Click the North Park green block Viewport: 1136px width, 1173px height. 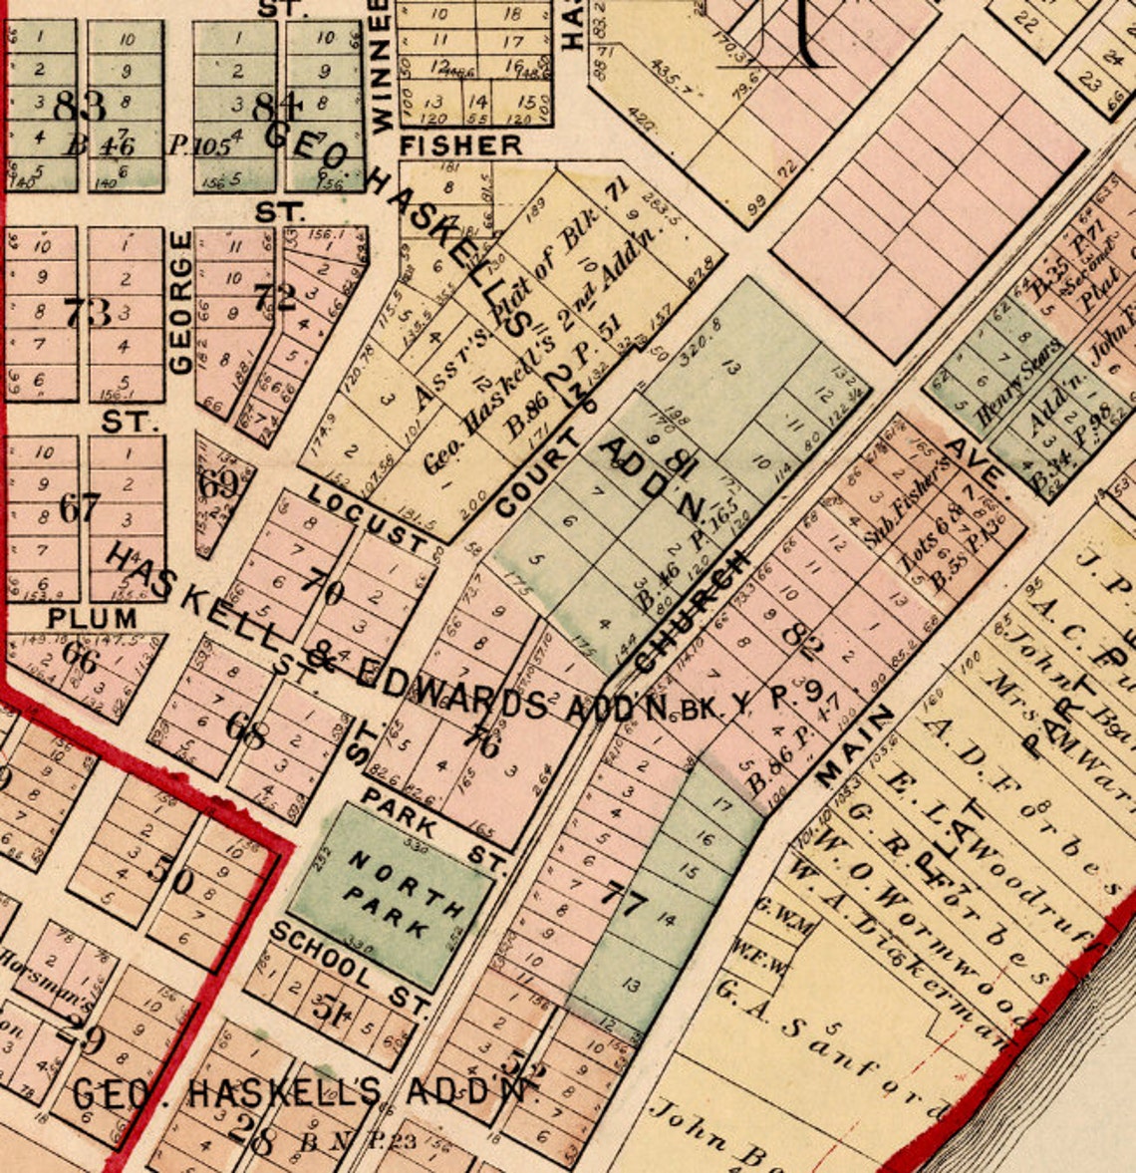[x=391, y=897]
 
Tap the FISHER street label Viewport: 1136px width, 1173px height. [x=460, y=146]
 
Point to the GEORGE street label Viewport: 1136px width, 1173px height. [x=180, y=303]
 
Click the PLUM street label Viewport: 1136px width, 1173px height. [x=92, y=618]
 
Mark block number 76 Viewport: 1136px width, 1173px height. [x=482, y=742]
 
